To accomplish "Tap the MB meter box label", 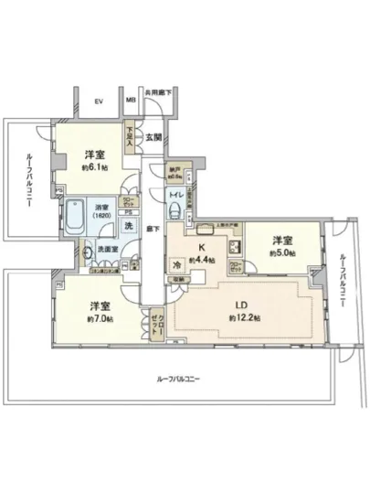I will tap(131, 102).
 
